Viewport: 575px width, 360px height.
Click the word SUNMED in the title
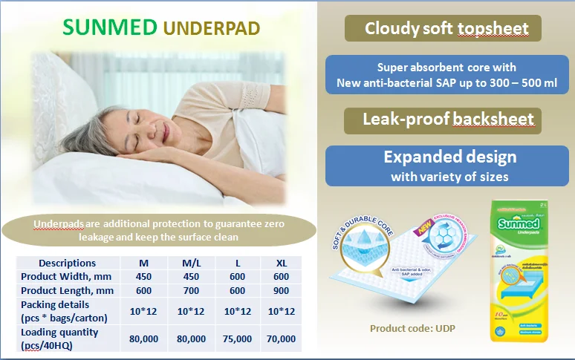[x=110, y=27]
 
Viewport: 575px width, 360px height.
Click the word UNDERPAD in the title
[x=212, y=28]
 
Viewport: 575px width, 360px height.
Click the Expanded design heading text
[x=449, y=157]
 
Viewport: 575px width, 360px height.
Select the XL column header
[x=281, y=263]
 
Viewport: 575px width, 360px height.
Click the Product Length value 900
[x=281, y=290]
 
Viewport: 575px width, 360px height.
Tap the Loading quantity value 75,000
[x=237, y=338]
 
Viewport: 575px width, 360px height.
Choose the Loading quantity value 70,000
[x=281, y=338]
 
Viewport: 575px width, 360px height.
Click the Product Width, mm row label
[x=66, y=277]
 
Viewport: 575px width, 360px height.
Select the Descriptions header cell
[x=67, y=263]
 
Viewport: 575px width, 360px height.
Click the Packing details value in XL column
[x=281, y=311]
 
